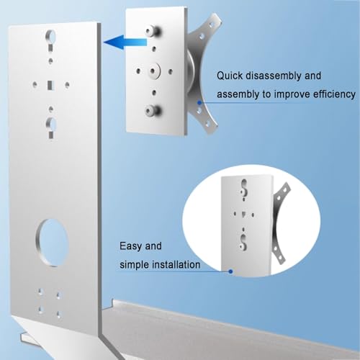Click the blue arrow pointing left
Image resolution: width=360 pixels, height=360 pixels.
(x=125, y=42)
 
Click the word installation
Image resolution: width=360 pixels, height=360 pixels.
(x=176, y=265)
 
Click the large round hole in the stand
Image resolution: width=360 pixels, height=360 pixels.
(x=53, y=242)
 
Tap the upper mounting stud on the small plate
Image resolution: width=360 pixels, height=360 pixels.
(x=153, y=31)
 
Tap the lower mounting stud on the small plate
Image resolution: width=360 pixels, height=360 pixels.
(x=153, y=110)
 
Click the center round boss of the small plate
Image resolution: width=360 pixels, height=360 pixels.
(x=153, y=71)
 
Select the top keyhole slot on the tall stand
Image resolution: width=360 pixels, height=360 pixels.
(x=50, y=40)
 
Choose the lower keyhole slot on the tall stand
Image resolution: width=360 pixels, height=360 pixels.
(x=50, y=127)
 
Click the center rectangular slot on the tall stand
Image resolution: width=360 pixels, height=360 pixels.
(x=50, y=85)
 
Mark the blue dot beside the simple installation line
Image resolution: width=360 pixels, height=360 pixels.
(x=230, y=271)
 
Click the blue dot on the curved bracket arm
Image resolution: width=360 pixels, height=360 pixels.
(x=199, y=102)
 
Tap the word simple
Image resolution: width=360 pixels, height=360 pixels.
(x=135, y=265)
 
